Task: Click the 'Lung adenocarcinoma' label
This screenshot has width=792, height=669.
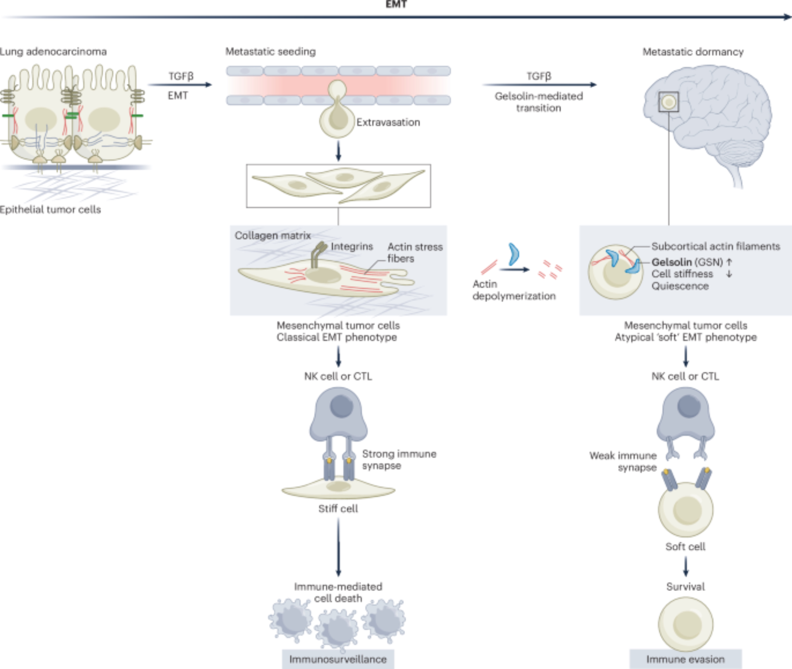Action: [53, 52]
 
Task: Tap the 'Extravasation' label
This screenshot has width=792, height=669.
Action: [388, 122]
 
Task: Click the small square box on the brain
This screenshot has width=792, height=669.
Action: [669, 102]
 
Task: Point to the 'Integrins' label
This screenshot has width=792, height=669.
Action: [352, 247]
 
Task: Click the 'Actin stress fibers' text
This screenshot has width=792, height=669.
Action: [415, 253]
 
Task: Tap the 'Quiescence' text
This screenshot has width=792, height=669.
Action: [680, 286]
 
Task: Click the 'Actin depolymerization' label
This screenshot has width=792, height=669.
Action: [514, 290]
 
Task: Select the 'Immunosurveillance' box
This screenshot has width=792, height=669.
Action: [338, 659]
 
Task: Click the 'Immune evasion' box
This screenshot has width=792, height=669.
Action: [685, 659]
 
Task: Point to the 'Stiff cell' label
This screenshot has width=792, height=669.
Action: [338, 509]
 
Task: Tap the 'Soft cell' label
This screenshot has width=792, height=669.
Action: [685, 547]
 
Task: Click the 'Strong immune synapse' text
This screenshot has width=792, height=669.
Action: [399, 460]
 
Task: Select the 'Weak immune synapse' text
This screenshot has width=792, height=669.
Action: [623, 462]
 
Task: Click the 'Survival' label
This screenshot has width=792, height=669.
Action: [685, 587]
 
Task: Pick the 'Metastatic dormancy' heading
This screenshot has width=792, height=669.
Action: [693, 52]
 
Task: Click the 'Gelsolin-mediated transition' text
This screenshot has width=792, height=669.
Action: [539, 102]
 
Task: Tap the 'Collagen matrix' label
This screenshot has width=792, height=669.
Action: [273, 236]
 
